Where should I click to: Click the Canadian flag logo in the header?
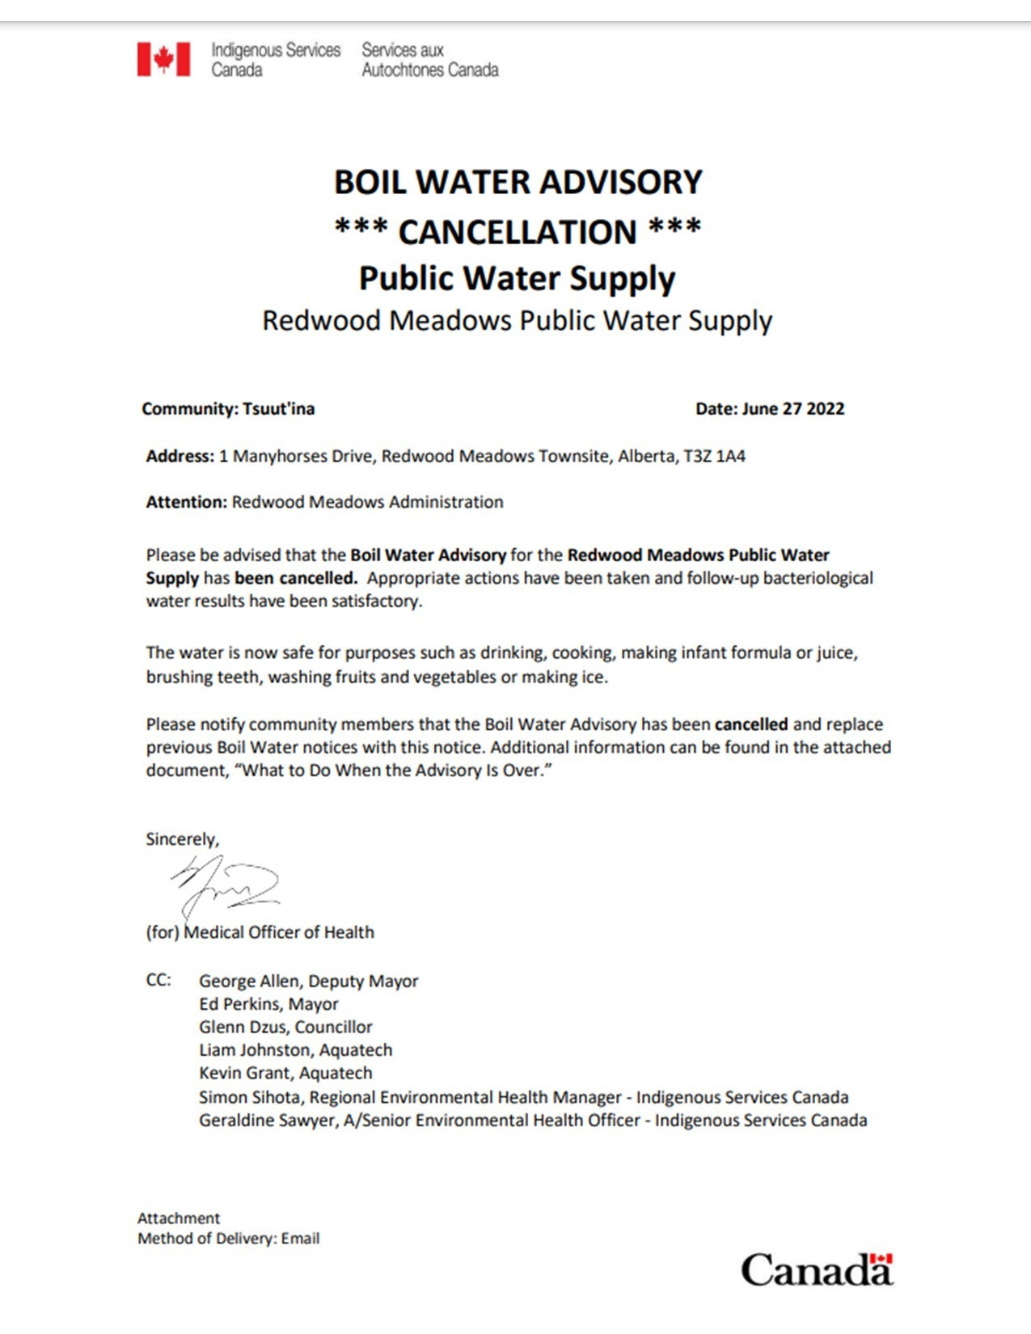[x=163, y=60]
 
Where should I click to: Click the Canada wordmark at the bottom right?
[x=817, y=1269]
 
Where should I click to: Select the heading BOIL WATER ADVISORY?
[x=518, y=182]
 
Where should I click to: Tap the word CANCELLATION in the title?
[x=518, y=232]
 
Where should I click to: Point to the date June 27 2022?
[x=792, y=409]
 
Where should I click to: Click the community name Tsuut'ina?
[x=278, y=409]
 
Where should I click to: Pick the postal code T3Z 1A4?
[x=714, y=456]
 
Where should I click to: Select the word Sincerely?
[x=182, y=839]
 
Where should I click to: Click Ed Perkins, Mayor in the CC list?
[x=268, y=1004]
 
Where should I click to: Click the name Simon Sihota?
[x=251, y=1097]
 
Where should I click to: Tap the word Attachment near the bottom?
[x=179, y=1218]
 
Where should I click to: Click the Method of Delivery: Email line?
[x=228, y=1239]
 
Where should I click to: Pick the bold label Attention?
[x=187, y=502]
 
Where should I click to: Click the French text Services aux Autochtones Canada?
[x=429, y=60]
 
